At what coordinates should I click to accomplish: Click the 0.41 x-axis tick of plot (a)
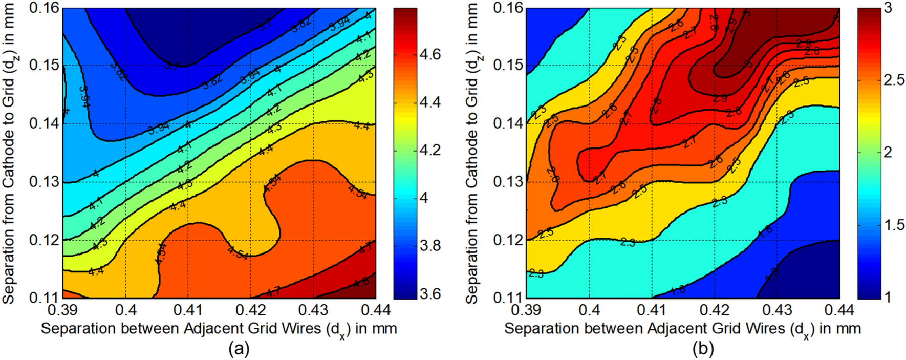click(x=188, y=310)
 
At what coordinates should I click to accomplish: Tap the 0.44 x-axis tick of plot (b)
click(x=839, y=310)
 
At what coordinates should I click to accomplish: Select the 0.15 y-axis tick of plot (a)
click(x=44, y=66)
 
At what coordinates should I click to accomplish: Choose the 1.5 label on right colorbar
click(x=894, y=225)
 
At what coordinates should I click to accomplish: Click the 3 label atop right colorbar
click(x=888, y=8)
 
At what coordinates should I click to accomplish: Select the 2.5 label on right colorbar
click(x=894, y=80)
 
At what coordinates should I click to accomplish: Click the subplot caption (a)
click(x=239, y=349)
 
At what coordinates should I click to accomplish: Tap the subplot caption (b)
click(x=703, y=349)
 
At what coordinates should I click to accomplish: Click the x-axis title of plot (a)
click(x=219, y=329)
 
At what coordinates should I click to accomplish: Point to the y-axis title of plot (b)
click(x=472, y=153)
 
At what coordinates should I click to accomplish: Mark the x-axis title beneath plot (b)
click(x=682, y=329)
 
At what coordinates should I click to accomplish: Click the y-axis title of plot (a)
click(x=9, y=153)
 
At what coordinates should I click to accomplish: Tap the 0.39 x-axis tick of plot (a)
click(x=63, y=310)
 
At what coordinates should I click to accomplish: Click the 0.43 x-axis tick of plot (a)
click(x=313, y=310)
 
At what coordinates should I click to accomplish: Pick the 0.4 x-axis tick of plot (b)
click(x=589, y=310)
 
